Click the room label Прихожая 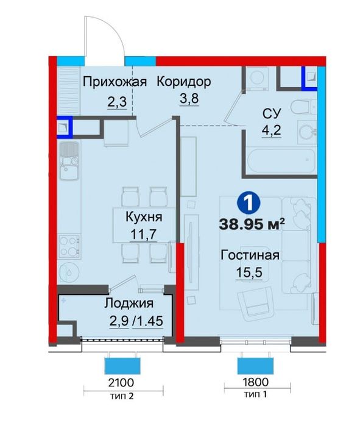[x=115, y=82]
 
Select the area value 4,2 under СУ [x=271, y=130]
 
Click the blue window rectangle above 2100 [x=124, y=365]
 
